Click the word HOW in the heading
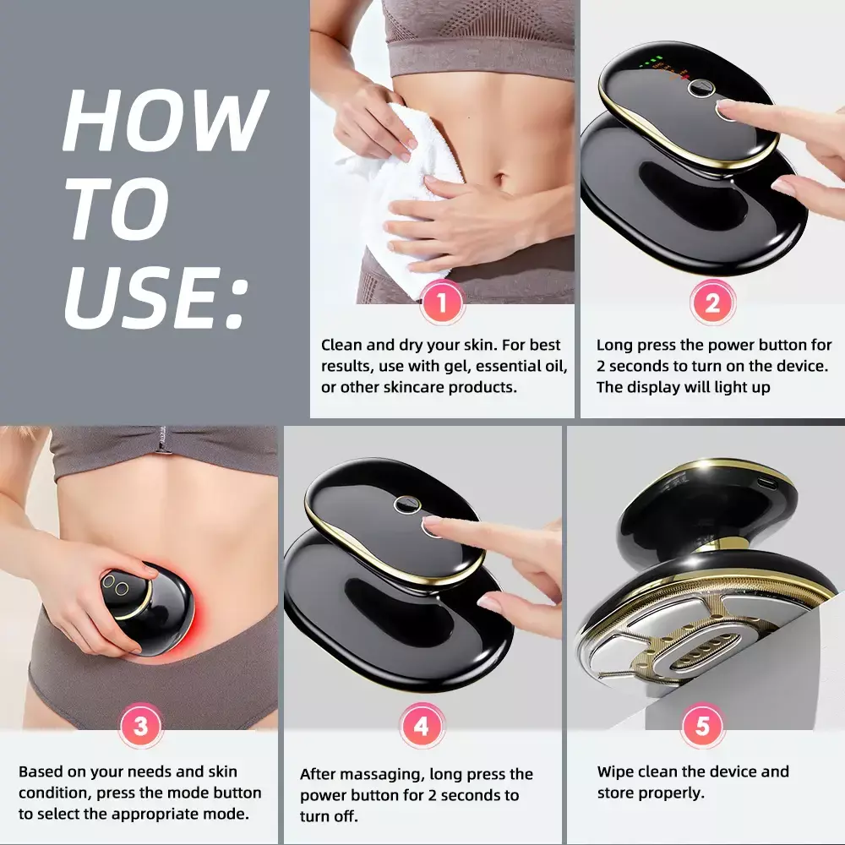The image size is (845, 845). point(166,120)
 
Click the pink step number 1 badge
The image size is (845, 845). point(442,303)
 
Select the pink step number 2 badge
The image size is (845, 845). point(712,303)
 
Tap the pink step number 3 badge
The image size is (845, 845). point(140,725)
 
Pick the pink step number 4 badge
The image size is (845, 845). point(422,725)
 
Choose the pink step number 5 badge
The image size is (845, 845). point(702,725)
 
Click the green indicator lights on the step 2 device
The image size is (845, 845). point(650,61)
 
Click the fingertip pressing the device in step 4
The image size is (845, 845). point(432,521)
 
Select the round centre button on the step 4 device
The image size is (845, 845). point(406,505)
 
